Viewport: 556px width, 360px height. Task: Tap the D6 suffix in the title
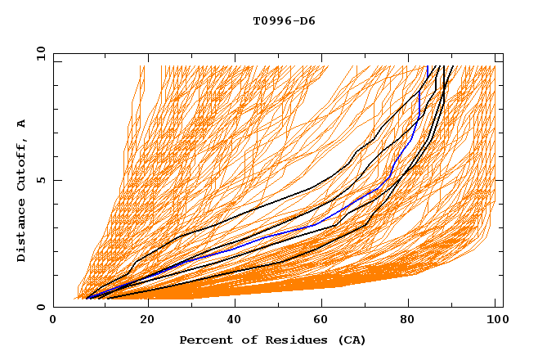(307, 20)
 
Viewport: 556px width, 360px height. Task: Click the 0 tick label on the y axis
(41, 307)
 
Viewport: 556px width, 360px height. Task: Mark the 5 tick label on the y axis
(41, 180)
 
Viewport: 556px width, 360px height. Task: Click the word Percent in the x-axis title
(204, 340)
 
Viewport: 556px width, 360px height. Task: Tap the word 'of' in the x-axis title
(244, 340)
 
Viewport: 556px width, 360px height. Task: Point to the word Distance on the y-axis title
(22, 232)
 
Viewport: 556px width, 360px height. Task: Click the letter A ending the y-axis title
(22, 123)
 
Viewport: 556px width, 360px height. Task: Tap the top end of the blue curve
(428, 66)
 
